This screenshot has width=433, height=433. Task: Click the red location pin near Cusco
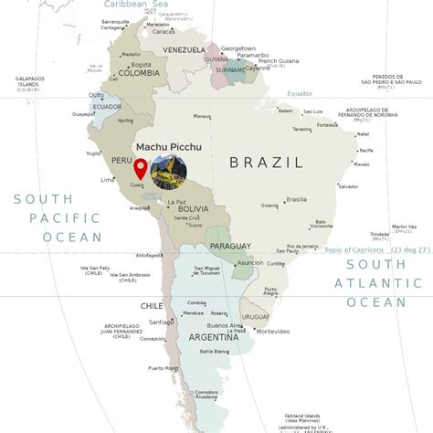[x=141, y=169]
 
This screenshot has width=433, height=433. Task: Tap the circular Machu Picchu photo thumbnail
[x=168, y=172]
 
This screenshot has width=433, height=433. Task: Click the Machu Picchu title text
[x=168, y=145]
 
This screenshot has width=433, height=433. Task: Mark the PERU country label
[x=121, y=160]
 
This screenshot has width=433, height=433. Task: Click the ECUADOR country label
[x=108, y=106]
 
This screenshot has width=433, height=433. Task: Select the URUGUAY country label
[x=256, y=317]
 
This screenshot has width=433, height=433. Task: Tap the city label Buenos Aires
[x=224, y=326]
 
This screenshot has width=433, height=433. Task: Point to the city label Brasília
[x=296, y=199]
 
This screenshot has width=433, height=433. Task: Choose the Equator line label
[x=300, y=94]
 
